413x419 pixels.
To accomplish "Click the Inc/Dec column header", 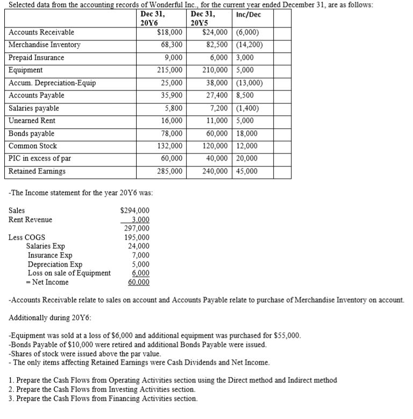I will pos(248,15).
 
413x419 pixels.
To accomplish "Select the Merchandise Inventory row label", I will pos(45,45).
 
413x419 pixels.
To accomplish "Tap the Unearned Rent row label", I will pos(32,121).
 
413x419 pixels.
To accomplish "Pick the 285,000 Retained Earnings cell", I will pos(169,171).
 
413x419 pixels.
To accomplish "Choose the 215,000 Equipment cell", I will pos(169,70).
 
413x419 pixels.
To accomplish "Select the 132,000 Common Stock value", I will pos(169,146).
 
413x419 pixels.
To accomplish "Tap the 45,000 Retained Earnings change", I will pos(247,171).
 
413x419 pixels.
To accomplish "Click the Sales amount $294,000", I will pos(135,211).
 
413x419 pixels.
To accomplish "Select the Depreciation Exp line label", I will pos(55,264).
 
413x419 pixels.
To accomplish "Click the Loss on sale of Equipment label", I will pos(69,273).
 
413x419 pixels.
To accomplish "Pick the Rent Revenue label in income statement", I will pos(31,220).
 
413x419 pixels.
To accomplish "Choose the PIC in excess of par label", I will pos(40,158).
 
